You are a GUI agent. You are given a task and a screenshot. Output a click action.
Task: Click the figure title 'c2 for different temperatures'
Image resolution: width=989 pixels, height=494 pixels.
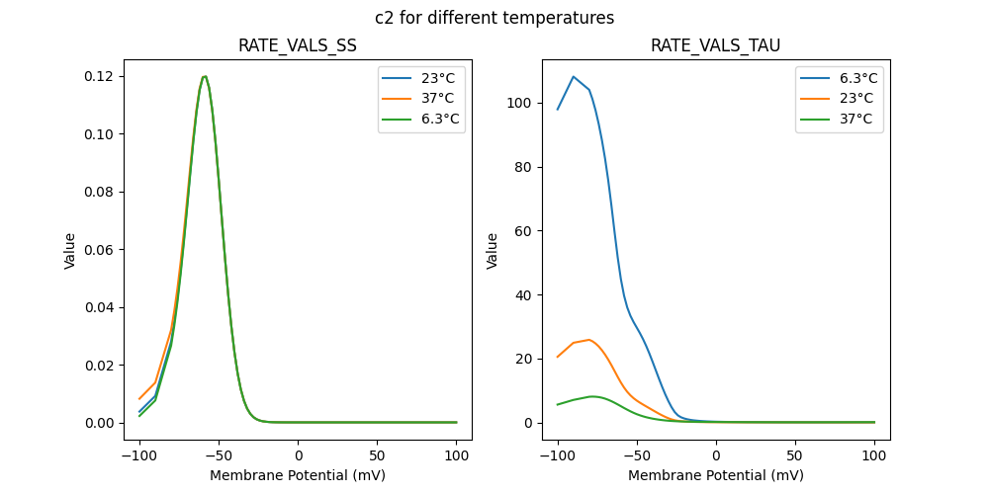[x=494, y=18]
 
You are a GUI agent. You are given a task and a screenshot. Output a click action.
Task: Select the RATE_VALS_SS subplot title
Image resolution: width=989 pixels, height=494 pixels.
[x=298, y=46]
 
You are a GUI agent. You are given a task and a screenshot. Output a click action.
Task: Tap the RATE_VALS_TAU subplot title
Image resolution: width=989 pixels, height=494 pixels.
[x=716, y=46]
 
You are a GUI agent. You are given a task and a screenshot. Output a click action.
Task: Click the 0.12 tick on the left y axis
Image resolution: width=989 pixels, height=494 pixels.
[x=102, y=76]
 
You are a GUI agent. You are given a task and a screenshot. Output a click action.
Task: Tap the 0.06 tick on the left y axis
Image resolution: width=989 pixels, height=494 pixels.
[x=102, y=249]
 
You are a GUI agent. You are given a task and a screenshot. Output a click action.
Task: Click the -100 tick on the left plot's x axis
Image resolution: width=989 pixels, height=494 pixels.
[x=138, y=455]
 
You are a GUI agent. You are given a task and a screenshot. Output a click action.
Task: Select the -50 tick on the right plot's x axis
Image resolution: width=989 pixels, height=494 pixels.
[x=637, y=455]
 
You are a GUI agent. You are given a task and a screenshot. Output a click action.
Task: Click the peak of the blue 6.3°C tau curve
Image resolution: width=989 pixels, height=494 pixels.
[x=574, y=76]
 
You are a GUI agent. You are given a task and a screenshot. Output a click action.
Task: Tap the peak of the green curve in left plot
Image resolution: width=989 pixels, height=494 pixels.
[x=204, y=76]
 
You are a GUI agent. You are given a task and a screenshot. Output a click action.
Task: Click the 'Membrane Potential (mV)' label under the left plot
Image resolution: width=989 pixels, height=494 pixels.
[x=298, y=475]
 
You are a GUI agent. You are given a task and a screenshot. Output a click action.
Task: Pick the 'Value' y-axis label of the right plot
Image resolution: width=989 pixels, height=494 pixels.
[x=493, y=250]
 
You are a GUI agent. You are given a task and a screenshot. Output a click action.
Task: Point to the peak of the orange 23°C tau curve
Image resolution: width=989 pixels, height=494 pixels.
[x=589, y=340]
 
